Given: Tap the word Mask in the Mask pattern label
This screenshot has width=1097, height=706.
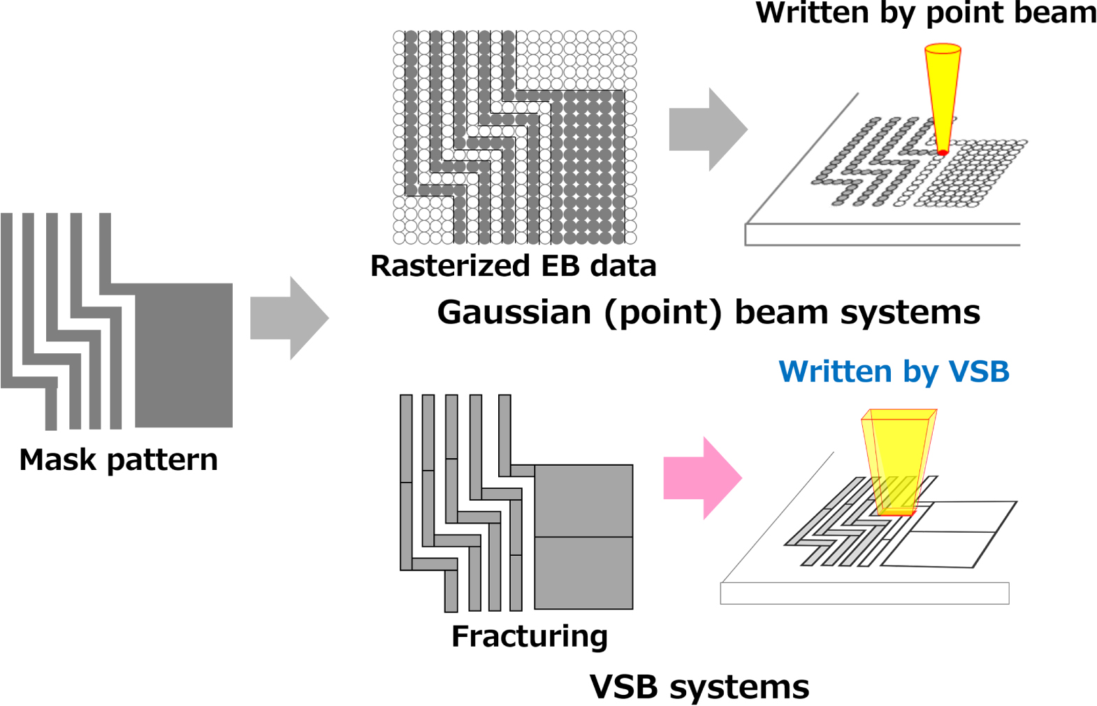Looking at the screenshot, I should coord(57,459).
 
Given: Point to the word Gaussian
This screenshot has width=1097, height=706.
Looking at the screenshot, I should coord(514,312).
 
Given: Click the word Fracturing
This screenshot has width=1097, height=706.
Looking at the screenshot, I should coord(530,636).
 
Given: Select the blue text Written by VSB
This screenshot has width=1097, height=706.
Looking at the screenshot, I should coord(894,372).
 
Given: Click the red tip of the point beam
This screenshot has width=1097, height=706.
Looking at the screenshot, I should coord(942,152).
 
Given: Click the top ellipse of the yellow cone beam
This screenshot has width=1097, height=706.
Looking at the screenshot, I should coord(943,50).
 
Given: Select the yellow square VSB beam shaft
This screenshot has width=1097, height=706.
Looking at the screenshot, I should coord(898,461).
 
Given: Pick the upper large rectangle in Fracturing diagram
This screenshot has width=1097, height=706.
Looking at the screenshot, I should coord(583,501).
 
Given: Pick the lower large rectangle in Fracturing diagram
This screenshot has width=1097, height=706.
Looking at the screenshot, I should coord(583,573).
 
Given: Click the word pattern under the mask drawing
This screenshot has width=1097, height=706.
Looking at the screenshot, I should coord(162,459).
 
